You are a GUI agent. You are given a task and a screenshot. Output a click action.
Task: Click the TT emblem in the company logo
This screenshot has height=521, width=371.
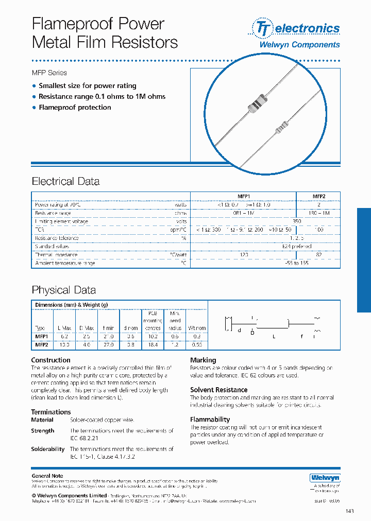tap(262, 29)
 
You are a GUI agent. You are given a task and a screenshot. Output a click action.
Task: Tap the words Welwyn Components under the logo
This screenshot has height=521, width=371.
tap(299, 45)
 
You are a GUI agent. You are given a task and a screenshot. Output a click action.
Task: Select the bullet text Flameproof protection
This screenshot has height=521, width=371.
tap(75, 107)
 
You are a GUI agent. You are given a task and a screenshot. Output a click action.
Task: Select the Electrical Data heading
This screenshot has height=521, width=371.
tap(65, 181)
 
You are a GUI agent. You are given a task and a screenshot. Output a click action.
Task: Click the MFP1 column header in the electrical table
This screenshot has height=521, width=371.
tap(243, 196)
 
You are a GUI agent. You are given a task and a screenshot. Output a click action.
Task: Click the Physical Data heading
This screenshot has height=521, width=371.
tap(63, 290)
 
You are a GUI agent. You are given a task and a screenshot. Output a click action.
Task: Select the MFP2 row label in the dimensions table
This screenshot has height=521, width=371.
tap(41, 345)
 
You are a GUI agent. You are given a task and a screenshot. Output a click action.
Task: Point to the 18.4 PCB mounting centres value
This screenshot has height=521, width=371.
tap(153, 345)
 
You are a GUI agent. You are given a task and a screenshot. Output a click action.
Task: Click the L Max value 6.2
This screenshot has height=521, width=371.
tap(64, 336)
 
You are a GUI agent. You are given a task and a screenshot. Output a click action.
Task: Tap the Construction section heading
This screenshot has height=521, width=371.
tap(50, 360)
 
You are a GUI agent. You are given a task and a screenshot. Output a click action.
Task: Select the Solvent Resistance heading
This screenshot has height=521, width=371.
tap(218, 390)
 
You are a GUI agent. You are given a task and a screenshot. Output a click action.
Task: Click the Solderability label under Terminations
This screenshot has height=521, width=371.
tap(47, 449)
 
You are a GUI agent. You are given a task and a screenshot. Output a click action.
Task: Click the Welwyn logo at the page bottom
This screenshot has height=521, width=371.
tap(325, 478)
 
